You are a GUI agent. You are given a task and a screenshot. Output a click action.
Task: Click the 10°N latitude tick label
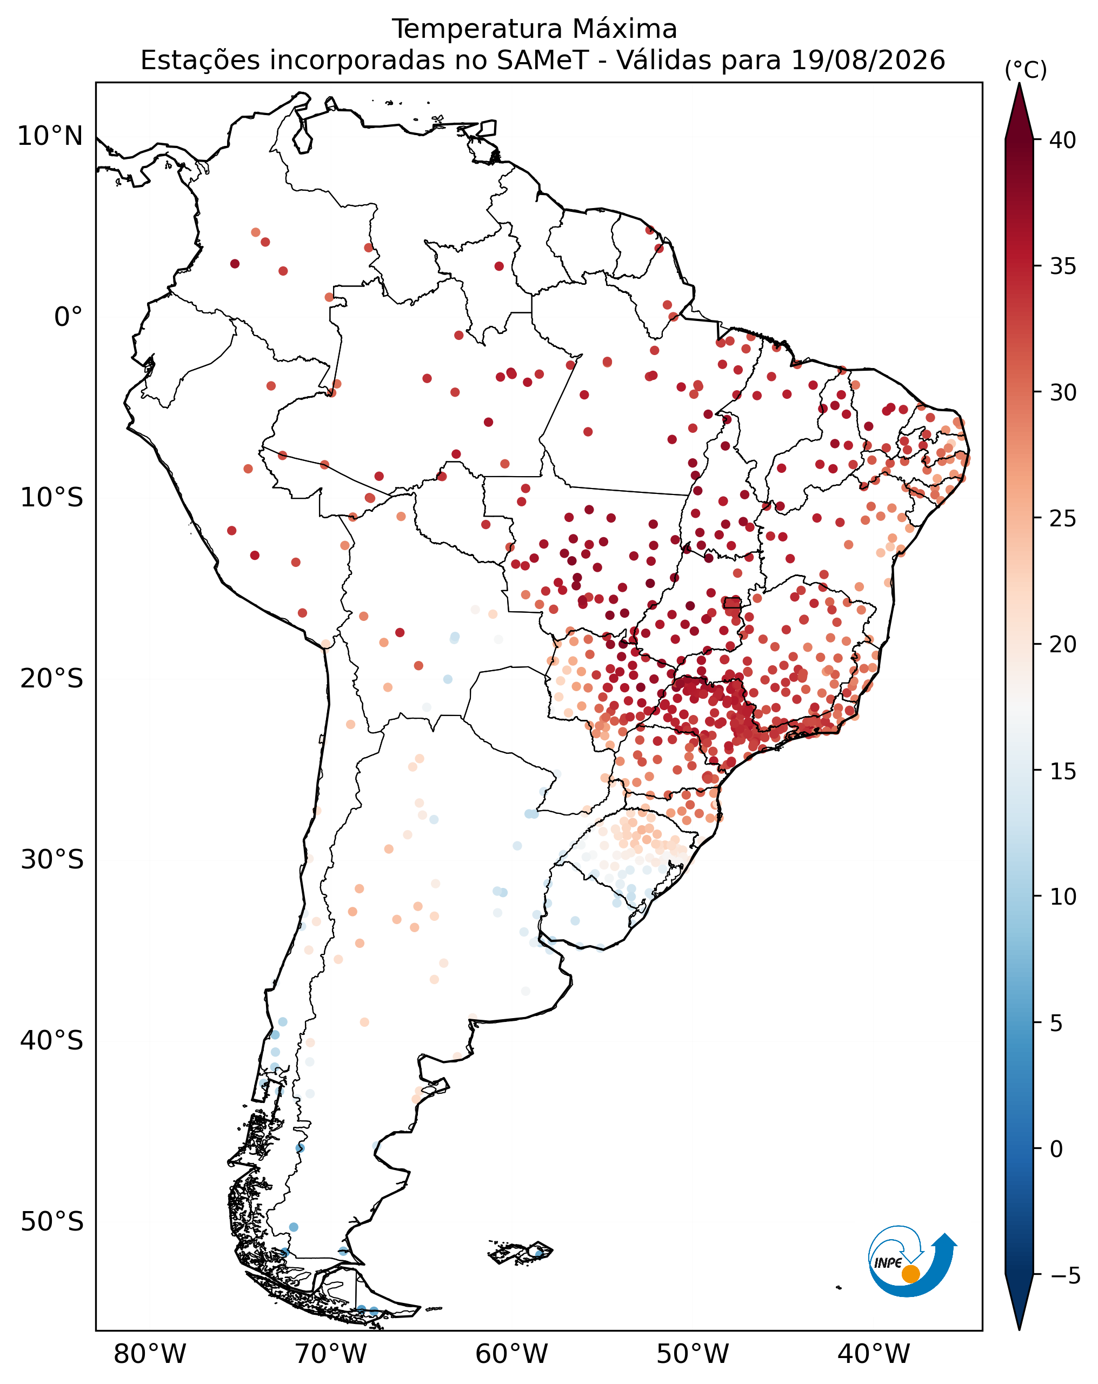coord(50,136)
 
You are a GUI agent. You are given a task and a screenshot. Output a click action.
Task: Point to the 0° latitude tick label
coord(69,317)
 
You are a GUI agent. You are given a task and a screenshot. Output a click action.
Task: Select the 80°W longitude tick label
coord(150,1354)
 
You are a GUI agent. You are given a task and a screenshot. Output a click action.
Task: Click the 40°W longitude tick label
coord(874,1354)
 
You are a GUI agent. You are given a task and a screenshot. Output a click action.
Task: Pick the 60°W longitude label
coord(512,1354)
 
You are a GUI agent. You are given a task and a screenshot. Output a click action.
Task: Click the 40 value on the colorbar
coord(1063,141)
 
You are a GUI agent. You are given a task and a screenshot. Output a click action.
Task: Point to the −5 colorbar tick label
coord(1065,1276)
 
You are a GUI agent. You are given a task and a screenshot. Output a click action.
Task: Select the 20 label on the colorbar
coord(1063,645)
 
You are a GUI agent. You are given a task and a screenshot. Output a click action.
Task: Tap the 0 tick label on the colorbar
coord(1056,1149)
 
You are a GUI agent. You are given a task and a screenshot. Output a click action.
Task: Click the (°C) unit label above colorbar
coord(1026,70)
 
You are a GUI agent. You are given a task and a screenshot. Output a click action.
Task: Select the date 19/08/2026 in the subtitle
coord(868,61)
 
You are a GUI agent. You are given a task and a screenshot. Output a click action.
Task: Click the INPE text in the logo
coord(888,1262)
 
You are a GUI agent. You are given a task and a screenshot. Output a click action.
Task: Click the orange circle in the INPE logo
coord(910,1274)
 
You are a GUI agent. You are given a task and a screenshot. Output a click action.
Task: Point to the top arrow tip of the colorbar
coord(1019,83)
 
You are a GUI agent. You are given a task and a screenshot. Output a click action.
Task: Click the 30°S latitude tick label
coord(52,860)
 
